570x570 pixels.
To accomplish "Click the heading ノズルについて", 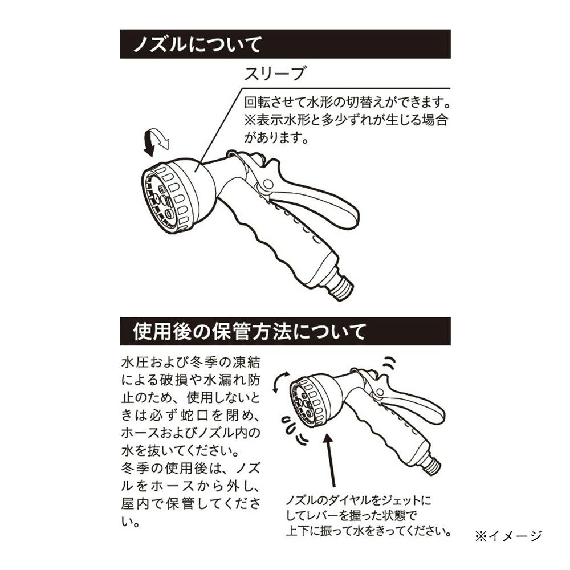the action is pos(197,44).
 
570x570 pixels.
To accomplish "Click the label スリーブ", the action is pos(275,74).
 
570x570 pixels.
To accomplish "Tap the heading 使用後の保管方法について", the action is pos(250,332).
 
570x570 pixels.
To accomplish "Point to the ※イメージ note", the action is pos(508,536).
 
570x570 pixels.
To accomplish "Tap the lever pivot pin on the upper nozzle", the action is pos(268,184).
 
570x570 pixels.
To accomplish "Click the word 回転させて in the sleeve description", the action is pos(275,102).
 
